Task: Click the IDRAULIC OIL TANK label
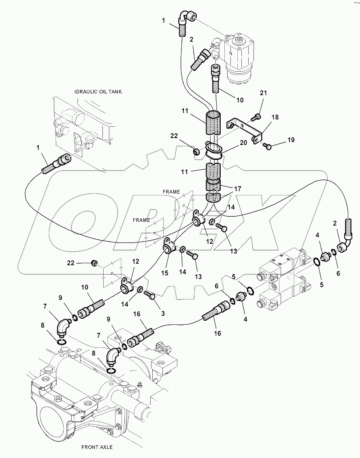pos(98,92)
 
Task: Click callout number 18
pos(275,117)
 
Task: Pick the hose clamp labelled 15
pos(168,245)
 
